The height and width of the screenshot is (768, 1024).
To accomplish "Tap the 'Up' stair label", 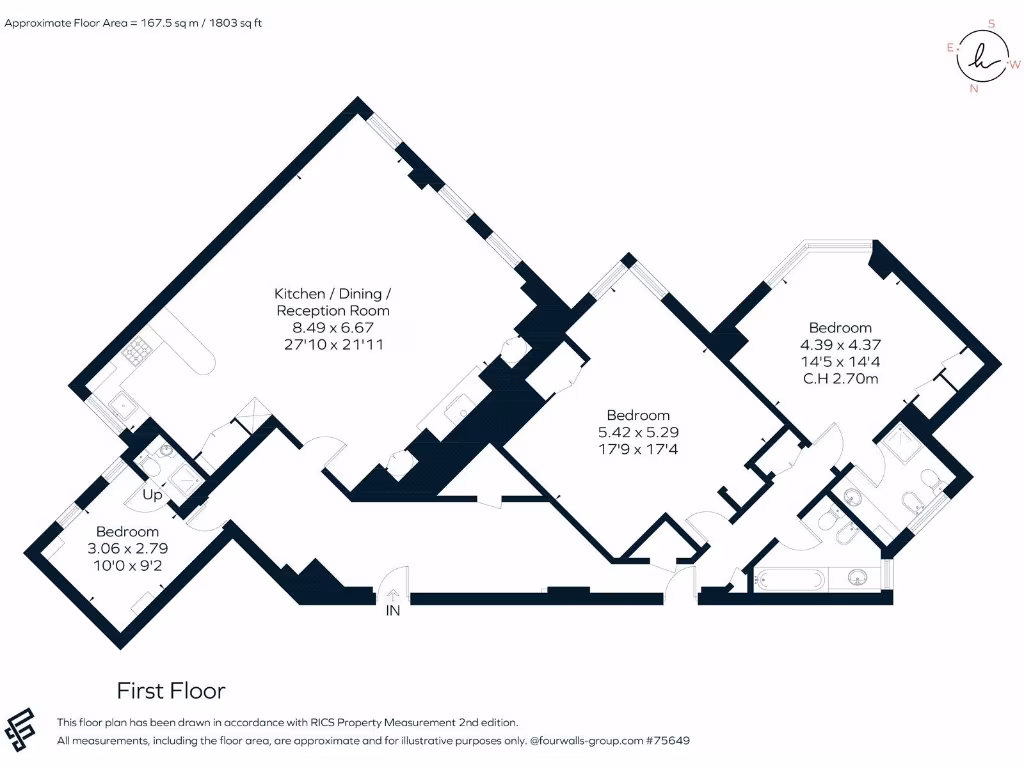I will (152, 495).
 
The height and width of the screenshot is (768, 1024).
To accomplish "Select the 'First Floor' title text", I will (171, 691).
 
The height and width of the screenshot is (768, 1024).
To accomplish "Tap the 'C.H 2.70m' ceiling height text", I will (840, 378).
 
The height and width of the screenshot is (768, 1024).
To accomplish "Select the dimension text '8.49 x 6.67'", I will (333, 327).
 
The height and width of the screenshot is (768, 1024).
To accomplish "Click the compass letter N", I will (973, 88).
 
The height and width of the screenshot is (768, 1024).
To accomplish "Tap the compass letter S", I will (991, 23).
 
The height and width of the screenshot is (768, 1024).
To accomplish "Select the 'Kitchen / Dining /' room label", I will (333, 294).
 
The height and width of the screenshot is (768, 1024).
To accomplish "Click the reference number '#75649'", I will (668, 741).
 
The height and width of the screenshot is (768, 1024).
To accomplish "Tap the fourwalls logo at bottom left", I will (22, 729).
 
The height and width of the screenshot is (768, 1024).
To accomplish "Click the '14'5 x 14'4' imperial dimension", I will (840, 361).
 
